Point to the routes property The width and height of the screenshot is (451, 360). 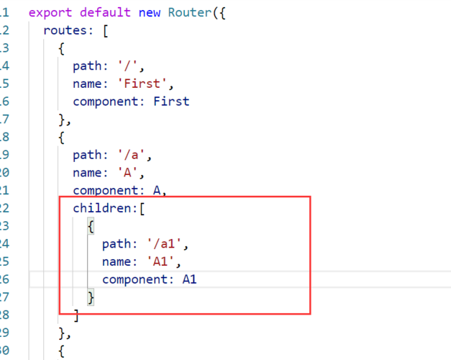[65, 30]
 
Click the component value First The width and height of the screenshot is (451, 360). [171, 102]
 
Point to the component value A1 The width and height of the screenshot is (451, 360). [190, 279]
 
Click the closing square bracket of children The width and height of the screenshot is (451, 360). [76, 315]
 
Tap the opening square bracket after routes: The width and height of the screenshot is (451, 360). [106, 30]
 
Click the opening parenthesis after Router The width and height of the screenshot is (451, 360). [216, 12]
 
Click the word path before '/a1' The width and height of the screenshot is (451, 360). [117, 243]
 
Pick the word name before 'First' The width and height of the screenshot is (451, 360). [87, 84]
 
